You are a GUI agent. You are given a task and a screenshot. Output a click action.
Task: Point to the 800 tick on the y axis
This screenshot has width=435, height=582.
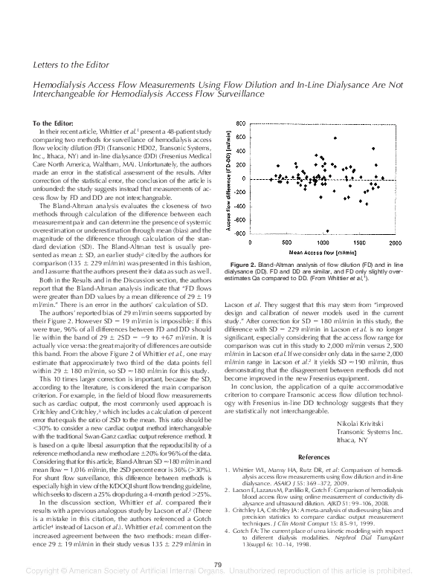pyautogui.click(x=240, y=123)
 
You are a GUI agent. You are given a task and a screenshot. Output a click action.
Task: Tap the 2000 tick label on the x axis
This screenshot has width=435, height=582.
pyautogui.click(x=395, y=242)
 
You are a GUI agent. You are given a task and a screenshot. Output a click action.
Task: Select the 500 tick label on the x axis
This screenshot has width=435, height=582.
pyautogui.click(x=287, y=242)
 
